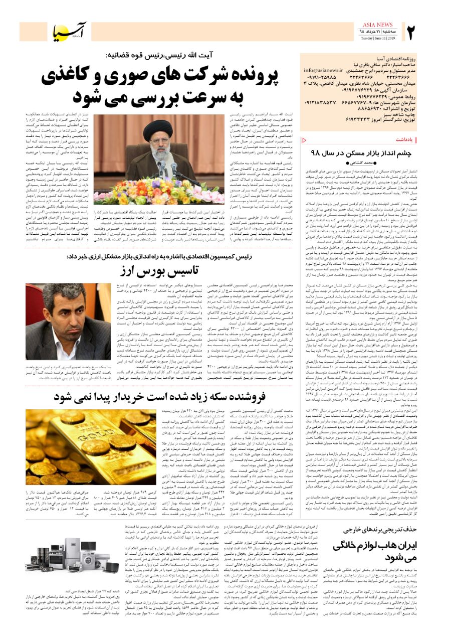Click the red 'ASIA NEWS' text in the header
[x=378, y=25]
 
